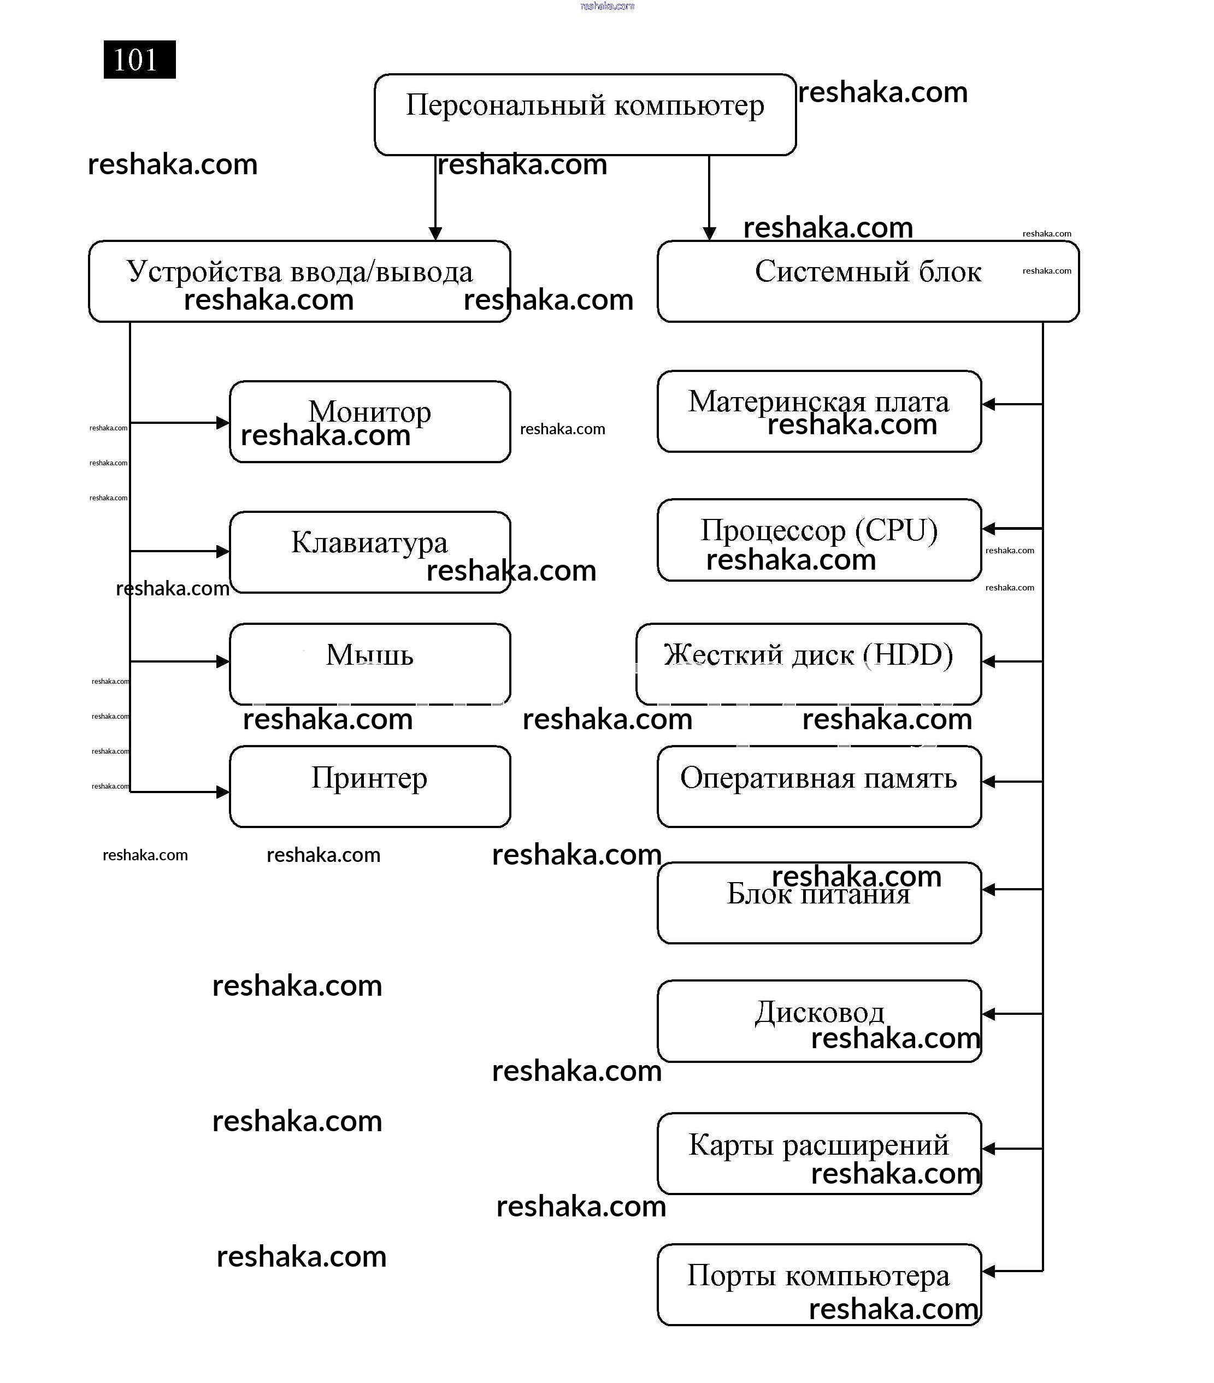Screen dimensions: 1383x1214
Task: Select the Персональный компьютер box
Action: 585,114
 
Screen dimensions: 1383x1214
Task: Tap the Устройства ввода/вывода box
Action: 299,281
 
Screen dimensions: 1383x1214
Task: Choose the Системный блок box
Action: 868,281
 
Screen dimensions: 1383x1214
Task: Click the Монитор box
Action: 369,422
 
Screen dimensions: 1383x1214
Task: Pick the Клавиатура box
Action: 369,552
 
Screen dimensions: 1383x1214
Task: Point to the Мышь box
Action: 369,663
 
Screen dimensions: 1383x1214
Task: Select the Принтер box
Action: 369,786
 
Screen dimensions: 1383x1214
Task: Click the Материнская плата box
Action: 819,411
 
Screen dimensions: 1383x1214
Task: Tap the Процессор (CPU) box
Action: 819,539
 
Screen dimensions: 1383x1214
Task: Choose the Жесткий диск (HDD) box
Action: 808,664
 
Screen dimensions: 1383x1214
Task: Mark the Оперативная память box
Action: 819,786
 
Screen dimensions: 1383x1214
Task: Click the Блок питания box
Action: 819,902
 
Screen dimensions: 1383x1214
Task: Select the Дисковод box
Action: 819,1020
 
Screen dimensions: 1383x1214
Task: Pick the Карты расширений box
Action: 819,1153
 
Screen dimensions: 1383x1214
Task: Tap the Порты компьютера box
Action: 819,1284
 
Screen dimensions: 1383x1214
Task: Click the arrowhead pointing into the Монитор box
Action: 222,423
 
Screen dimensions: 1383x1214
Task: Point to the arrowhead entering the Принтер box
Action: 222,791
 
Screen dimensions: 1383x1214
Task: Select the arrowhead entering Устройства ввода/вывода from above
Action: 435,233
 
